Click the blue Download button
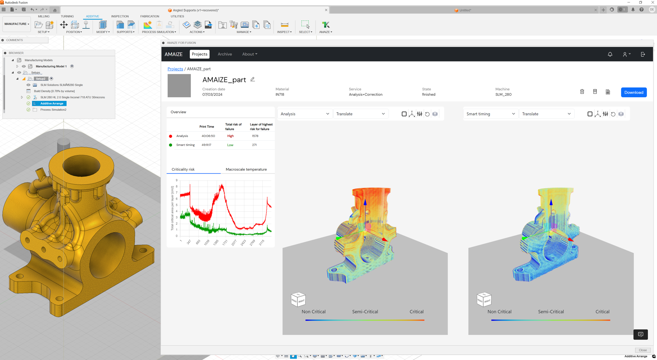634,92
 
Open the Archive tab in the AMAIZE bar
225,54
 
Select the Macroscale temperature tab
246,169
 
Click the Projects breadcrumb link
175,69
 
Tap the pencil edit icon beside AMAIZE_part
253,79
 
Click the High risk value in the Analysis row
230,136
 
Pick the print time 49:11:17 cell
206,145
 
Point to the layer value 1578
255,136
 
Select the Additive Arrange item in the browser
52,104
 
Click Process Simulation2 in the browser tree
53,110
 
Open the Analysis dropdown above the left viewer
305,114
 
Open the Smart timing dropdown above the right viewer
490,114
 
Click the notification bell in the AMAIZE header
610,54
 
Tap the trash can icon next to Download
582,92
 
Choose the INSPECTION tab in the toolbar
120,16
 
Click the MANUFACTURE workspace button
17,24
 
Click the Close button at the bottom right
643,350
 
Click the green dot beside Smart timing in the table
170,145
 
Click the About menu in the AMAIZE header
250,54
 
